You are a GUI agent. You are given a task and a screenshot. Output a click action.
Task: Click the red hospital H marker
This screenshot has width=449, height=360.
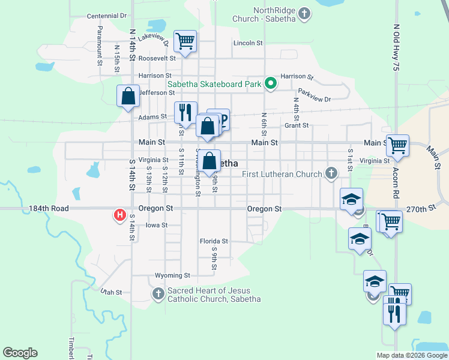119,214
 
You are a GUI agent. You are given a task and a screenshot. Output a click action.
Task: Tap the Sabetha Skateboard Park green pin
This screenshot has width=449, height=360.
270,83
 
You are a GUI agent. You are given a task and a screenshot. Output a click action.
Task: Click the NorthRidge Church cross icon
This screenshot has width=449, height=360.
304,13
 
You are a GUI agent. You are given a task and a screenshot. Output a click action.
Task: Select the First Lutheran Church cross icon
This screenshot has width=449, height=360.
330,174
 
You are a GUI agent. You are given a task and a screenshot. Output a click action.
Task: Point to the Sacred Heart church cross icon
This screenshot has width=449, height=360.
158,294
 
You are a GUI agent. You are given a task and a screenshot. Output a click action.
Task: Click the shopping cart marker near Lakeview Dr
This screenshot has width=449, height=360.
185,41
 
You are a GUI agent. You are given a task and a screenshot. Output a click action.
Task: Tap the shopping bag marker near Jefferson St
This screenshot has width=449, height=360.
128,96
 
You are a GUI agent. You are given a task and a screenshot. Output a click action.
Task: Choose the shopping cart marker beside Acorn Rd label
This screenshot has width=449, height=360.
397,144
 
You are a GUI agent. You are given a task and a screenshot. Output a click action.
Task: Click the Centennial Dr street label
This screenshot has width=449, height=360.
107,16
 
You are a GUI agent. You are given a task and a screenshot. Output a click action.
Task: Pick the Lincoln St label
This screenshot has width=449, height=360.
248,43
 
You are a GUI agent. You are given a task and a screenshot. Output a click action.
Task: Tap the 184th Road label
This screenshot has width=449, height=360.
49,208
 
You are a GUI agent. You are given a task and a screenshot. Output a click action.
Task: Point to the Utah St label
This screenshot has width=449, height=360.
111,292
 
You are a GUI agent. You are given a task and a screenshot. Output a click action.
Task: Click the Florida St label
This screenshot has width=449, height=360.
214,241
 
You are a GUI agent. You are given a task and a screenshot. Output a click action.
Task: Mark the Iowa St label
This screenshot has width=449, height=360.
156,225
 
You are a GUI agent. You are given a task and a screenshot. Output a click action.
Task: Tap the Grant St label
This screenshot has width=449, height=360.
297,125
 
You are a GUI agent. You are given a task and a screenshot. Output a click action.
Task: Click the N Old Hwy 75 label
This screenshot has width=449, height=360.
396,48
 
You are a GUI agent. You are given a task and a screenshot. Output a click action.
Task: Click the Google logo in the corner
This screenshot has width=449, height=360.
20,353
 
